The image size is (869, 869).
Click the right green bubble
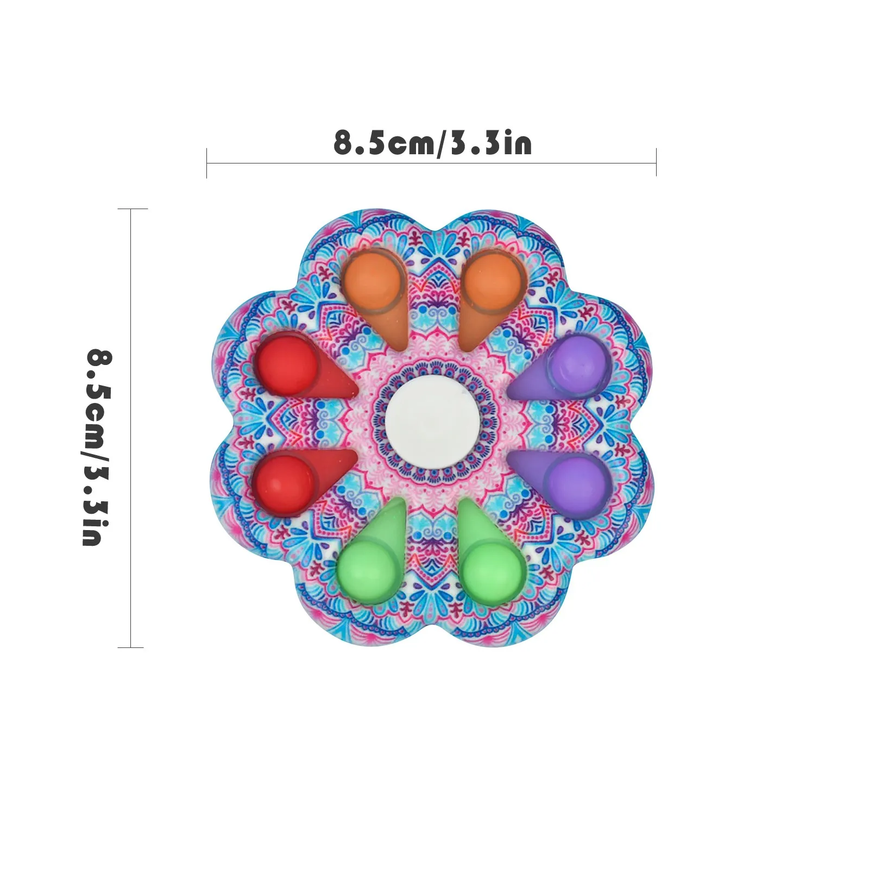point(493,570)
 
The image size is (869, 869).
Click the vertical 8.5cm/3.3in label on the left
point(99,446)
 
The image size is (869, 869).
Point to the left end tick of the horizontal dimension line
point(207,162)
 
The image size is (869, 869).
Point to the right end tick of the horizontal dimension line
point(656,162)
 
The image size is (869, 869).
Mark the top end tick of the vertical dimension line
point(132,209)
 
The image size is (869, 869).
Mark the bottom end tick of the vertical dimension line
point(131,647)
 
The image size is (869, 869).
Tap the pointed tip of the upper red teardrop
point(355,389)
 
